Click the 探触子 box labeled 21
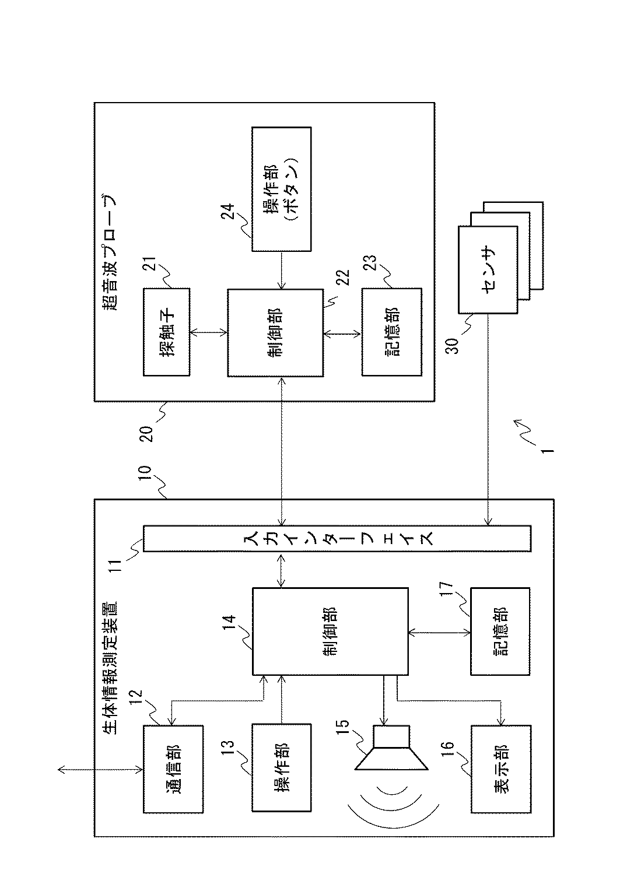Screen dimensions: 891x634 pyautogui.click(x=166, y=332)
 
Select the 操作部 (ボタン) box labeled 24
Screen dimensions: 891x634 pyautogui.click(x=282, y=190)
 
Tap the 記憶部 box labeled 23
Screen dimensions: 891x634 pyautogui.click(x=391, y=332)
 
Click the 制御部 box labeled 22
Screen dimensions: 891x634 pyautogui.click(x=275, y=332)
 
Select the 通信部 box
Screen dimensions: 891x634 pyautogui.click(x=173, y=769)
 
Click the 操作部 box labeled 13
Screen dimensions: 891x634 pyautogui.click(x=282, y=768)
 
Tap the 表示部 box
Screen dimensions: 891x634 pyautogui.click(x=500, y=769)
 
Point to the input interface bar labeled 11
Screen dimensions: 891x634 pyautogui.click(x=337, y=538)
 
